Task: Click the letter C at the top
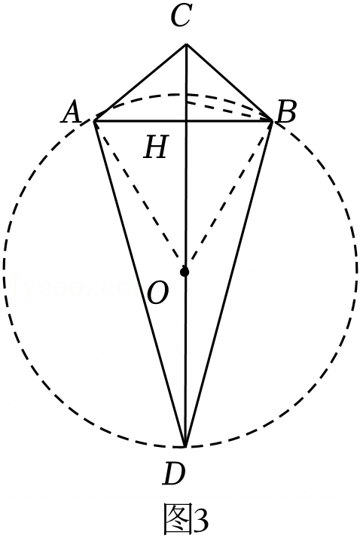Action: tap(181, 17)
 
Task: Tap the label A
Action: tap(72, 113)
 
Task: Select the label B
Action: tap(286, 113)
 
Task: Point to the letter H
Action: tap(157, 147)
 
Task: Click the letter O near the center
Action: tap(158, 293)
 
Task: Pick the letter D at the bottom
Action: tap(174, 473)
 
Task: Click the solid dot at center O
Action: tap(185, 272)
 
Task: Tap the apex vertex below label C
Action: tap(186, 44)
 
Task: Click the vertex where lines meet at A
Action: tap(94, 121)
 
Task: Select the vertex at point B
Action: tap(273, 121)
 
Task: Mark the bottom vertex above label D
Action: tap(185, 446)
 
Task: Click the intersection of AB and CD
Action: tap(186, 121)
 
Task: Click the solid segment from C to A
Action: tap(140, 83)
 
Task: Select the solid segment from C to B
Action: tap(230, 83)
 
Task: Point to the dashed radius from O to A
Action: tap(140, 194)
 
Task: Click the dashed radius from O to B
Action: tap(228, 194)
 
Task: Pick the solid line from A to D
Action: tap(140, 284)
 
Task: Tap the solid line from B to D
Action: tap(229, 284)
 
